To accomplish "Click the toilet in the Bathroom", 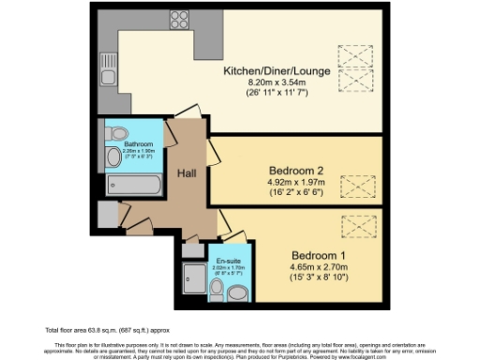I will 113,157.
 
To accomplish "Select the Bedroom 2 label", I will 290,171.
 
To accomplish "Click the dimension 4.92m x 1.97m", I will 290,184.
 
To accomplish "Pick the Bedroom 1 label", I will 319,255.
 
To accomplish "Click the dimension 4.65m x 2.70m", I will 319,268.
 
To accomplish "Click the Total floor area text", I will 94,329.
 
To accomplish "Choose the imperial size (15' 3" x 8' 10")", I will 319,279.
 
